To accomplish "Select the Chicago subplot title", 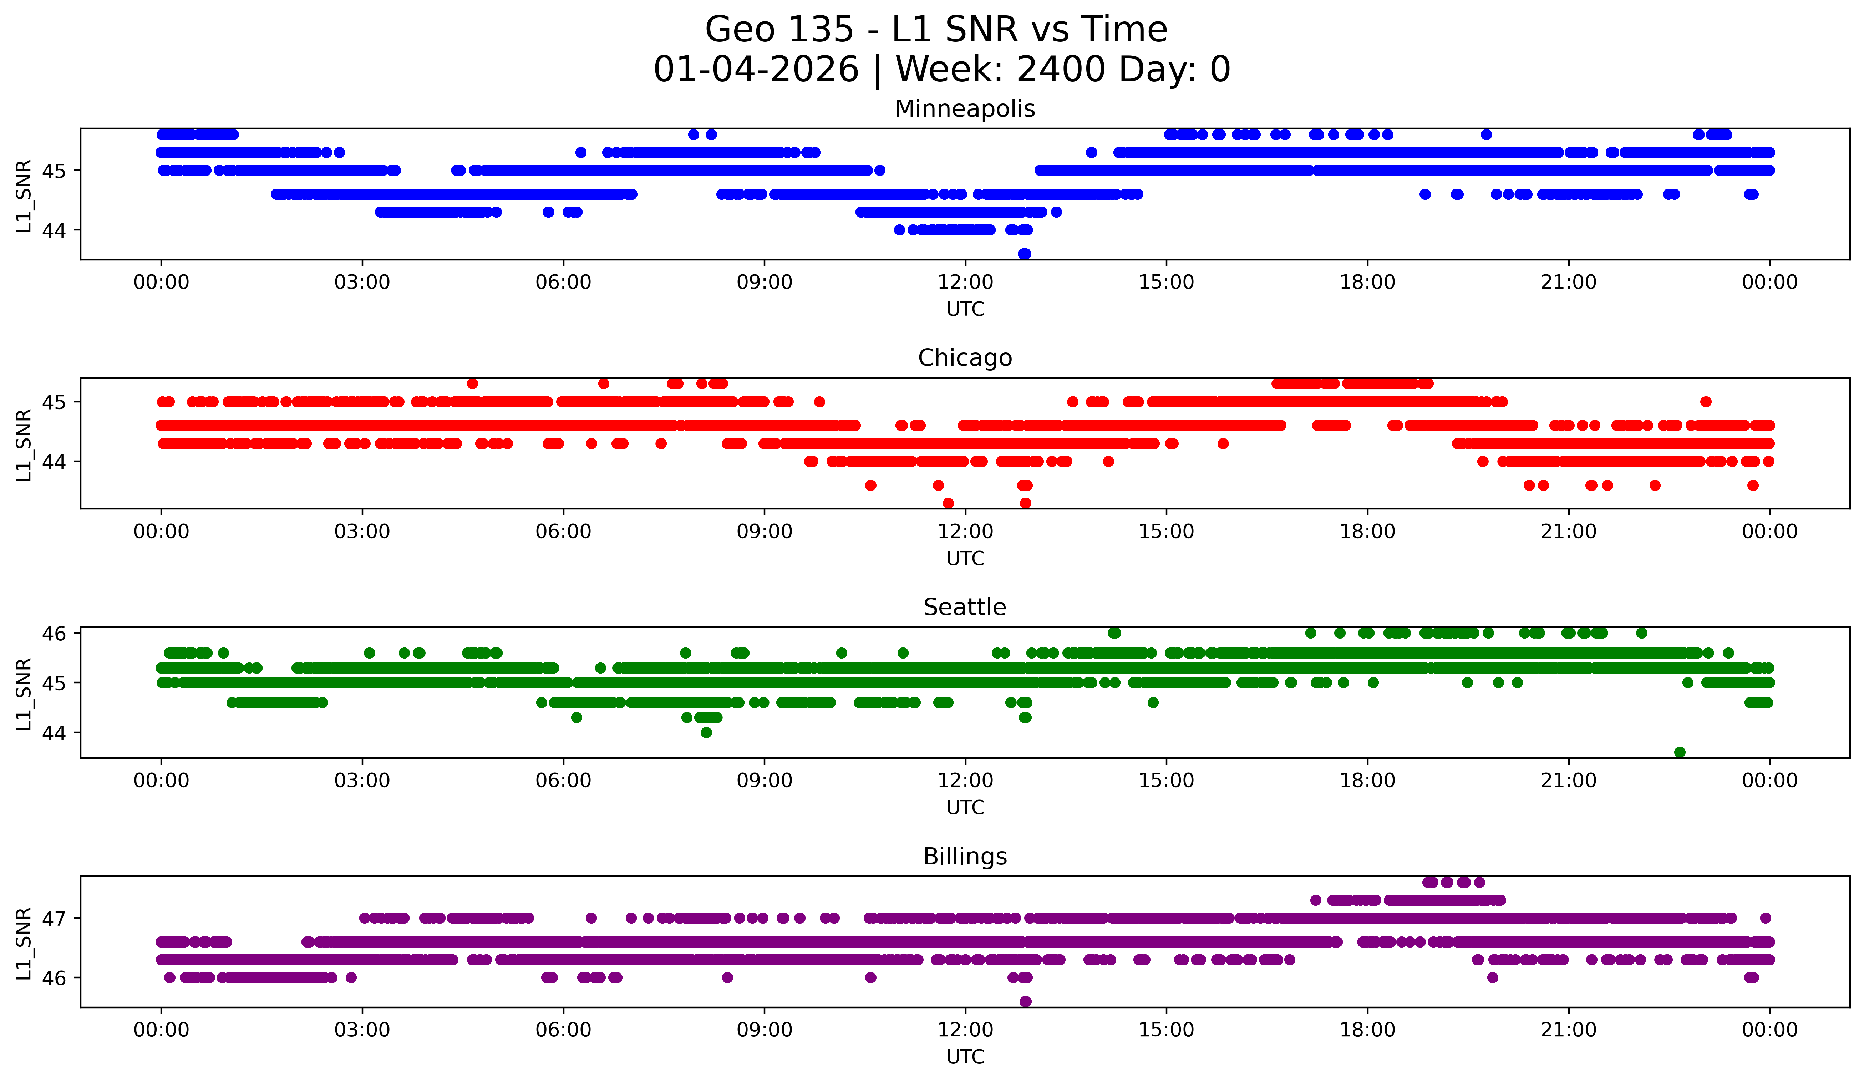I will (x=965, y=358).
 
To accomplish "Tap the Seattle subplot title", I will (x=965, y=607).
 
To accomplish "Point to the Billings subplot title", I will (x=965, y=857).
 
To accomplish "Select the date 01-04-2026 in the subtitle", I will (x=756, y=70).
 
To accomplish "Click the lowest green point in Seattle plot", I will (x=1680, y=752).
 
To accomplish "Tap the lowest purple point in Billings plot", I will (x=1025, y=1001).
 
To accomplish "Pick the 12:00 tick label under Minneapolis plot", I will (x=965, y=283).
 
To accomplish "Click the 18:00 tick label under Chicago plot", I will (x=1367, y=532).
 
